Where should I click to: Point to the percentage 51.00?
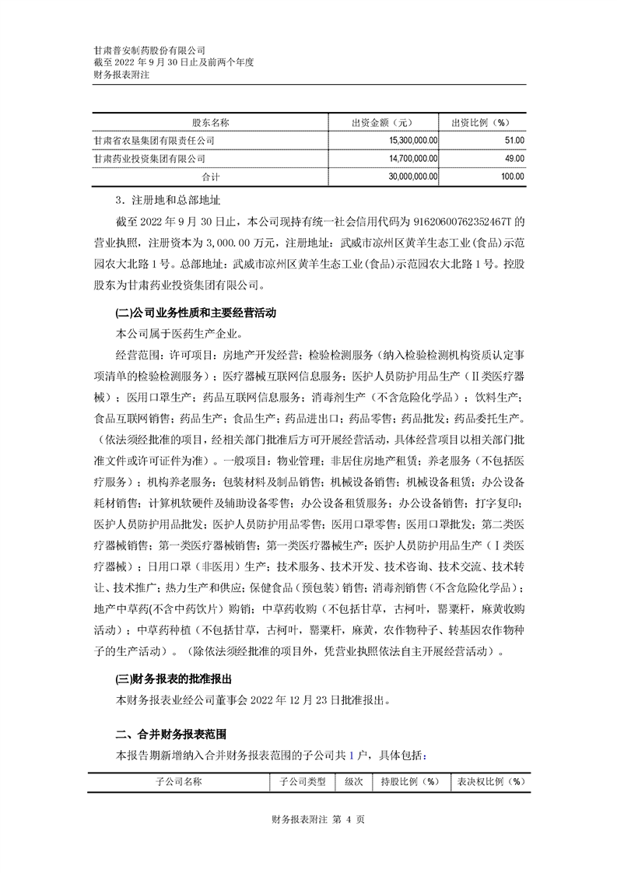pyautogui.click(x=514, y=140)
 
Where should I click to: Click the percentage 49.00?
pyautogui.click(x=514, y=158)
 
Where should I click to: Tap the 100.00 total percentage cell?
pyautogui.click(x=512, y=177)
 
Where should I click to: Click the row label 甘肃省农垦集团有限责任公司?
pyautogui.click(x=153, y=140)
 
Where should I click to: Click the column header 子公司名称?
pyautogui.click(x=178, y=781)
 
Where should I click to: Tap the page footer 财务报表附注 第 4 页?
pyautogui.click(x=308, y=841)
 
